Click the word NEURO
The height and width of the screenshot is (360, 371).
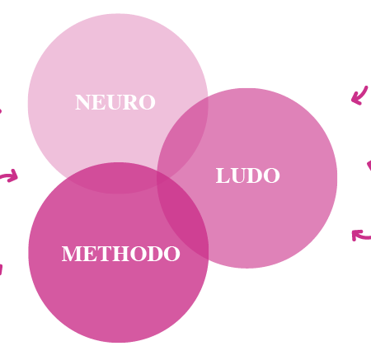115,102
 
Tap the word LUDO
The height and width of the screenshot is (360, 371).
248,175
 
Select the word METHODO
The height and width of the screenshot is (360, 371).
121,254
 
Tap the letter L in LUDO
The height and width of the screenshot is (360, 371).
222,175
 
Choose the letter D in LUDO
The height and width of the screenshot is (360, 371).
254,175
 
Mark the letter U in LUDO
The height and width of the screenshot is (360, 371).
237,175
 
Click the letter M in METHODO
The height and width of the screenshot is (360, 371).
71,254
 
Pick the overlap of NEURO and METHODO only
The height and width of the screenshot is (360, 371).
115,179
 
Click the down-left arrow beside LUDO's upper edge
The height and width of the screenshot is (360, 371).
360,96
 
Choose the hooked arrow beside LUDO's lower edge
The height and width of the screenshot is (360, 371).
360,236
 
